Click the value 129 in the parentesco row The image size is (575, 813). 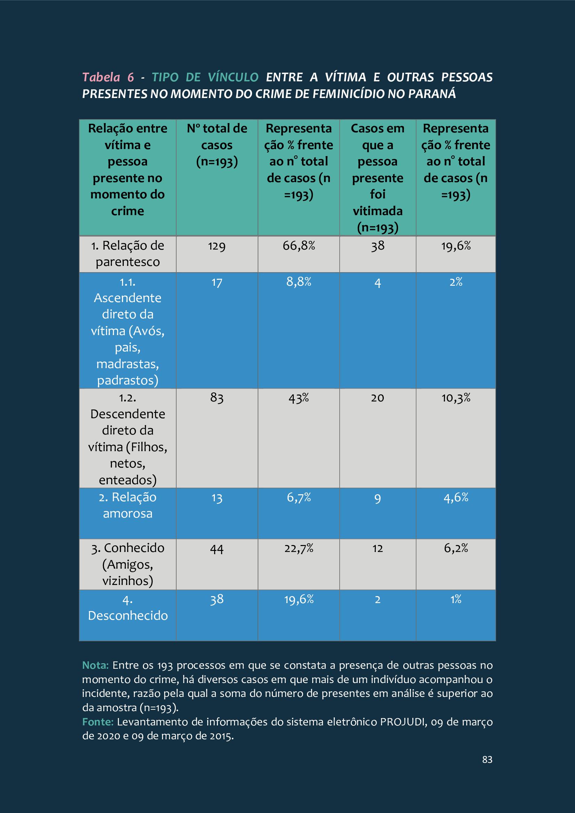coord(217,246)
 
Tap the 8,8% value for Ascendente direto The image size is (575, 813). coord(299,282)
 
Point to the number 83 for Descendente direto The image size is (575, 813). coord(217,398)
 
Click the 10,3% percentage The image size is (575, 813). coord(456,398)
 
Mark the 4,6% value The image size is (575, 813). coord(456,497)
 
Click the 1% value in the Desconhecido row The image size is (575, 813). coord(456,599)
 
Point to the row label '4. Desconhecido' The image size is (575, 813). coord(128,608)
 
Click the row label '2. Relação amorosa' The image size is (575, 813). coord(128,505)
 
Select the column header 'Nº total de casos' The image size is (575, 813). coord(217,145)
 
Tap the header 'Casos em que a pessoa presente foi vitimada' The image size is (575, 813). coord(378,178)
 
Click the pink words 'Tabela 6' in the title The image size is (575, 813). coord(108,77)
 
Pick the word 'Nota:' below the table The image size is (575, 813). coord(95,665)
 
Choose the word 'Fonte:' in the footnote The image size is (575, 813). coord(98,722)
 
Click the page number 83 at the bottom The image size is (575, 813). coord(487,759)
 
